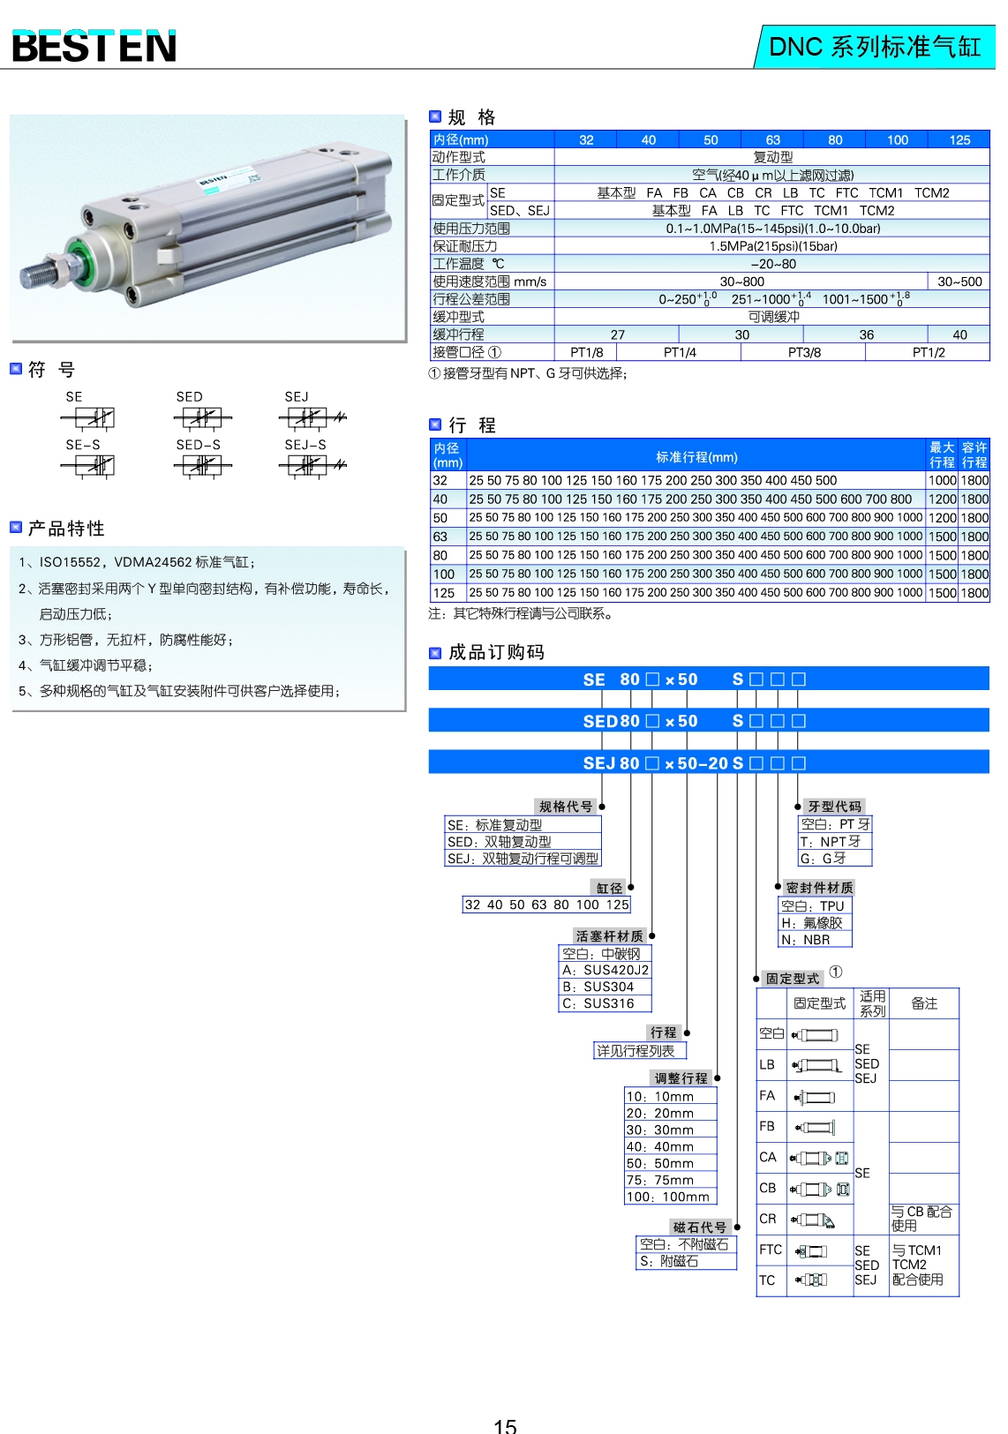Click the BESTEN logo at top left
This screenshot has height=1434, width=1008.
(x=94, y=46)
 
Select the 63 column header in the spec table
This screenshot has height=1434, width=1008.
(x=772, y=139)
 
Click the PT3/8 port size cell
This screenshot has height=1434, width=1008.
(x=803, y=352)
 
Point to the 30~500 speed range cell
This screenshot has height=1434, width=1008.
(x=959, y=282)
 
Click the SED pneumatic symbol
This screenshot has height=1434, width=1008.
(x=202, y=417)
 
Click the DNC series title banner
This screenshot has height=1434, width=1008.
(x=874, y=46)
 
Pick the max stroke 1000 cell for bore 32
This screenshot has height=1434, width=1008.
(x=942, y=480)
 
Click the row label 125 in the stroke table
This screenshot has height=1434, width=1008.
(x=444, y=593)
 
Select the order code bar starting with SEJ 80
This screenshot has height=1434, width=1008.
(x=708, y=762)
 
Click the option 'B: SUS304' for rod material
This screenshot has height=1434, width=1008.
(x=598, y=987)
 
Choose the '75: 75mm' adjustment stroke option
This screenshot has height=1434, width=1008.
(x=660, y=1180)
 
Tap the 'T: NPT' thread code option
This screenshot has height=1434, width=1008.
(x=830, y=841)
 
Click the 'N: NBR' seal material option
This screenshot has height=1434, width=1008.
(x=805, y=940)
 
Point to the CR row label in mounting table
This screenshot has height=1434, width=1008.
(x=768, y=1219)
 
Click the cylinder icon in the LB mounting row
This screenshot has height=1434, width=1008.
(x=817, y=1065)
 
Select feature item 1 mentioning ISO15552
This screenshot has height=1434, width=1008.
(x=137, y=562)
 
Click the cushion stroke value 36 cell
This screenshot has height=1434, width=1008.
(x=866, y=334)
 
